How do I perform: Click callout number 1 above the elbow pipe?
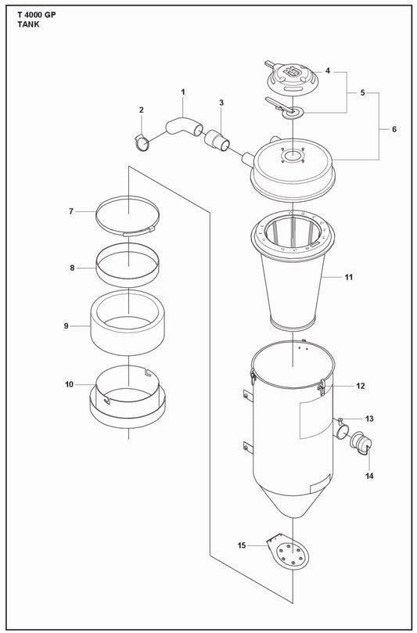(x=183, y=93)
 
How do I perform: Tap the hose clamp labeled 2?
(x=142, y=142)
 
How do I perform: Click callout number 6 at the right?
(x=394, y=128)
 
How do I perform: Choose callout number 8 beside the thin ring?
(x=72, y=268)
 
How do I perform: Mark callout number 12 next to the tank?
(x=361, y=386)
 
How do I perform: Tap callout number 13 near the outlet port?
(x=369, y=419)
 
